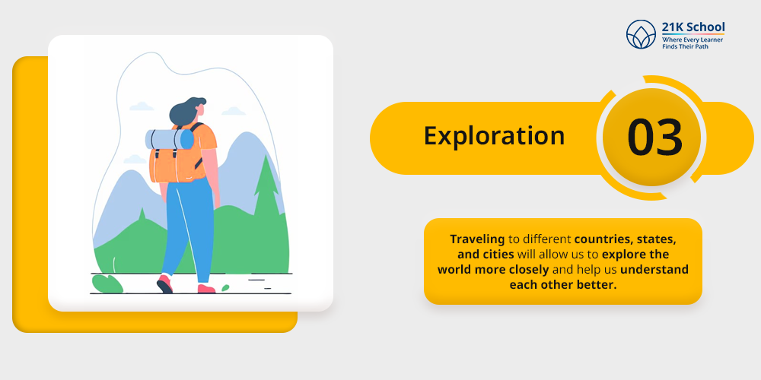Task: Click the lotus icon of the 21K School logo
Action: tap(641, 34)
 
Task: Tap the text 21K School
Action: tap(693, 27)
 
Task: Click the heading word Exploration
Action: tap(494, 136)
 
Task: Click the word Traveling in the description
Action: tap(477, 239)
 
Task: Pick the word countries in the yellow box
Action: tap(599, 239)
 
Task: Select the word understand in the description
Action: tap(654, 269)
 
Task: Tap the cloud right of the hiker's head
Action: tap(233, 111)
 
